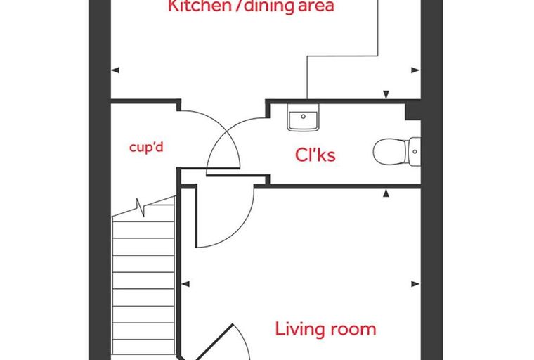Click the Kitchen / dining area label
(251, 6)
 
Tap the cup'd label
(146, 147)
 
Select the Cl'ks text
(315, 155)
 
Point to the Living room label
(325, 329)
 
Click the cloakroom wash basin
(304, 117)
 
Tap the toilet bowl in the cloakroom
(391, 152)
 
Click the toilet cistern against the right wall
(415, 152)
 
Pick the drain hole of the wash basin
(303, 117)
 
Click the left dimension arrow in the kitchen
(115, 70)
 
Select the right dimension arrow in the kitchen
(415, 70)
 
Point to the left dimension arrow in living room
(185, 283)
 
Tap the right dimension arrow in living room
(415, 283)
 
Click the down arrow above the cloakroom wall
(386, 95)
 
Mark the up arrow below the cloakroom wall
(386, 193)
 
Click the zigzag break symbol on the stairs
(141, 207)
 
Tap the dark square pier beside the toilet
(412, 111)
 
